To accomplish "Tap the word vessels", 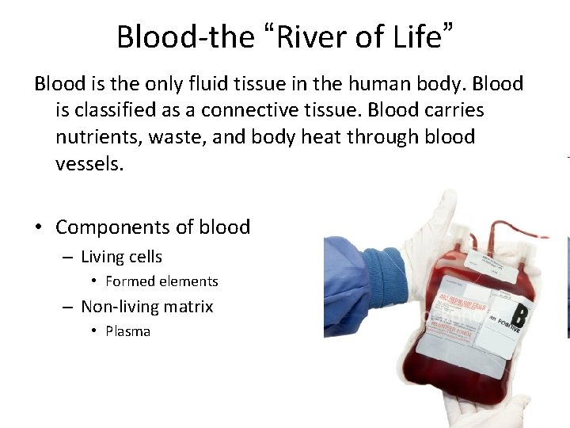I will click(89, 164).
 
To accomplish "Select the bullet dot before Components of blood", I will click(38, 228).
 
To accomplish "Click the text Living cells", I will click(121, 257).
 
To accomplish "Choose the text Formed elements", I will click(161, 281).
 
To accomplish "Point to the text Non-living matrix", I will click(147, 307).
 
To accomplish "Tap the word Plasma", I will click(127, 331).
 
